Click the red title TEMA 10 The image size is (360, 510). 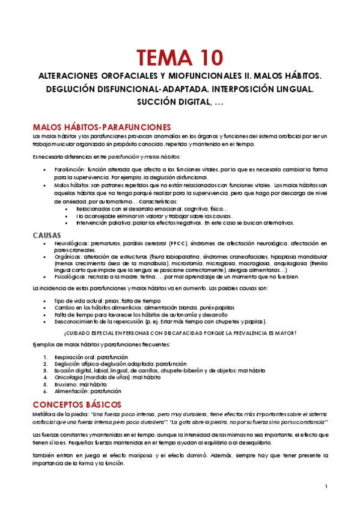[x=180, y=58]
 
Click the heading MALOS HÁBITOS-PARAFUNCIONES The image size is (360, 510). [x=102, y=127]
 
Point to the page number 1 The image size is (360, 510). [x=326, y=486]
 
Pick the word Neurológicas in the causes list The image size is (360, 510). [x=73, y=243]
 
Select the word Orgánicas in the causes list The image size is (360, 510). [x=69, y=256]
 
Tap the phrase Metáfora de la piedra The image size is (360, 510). [x=63, y=415]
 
